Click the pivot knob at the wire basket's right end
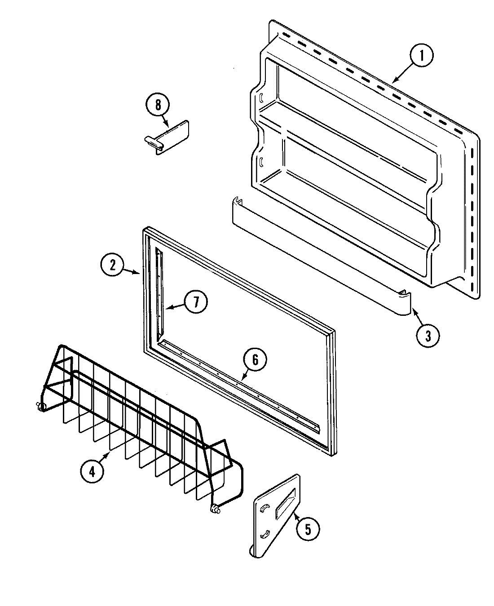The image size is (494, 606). tap(215, 509)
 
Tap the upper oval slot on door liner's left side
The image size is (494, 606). tap(260, 97)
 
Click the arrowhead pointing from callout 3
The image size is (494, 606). tap(413, 311)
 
